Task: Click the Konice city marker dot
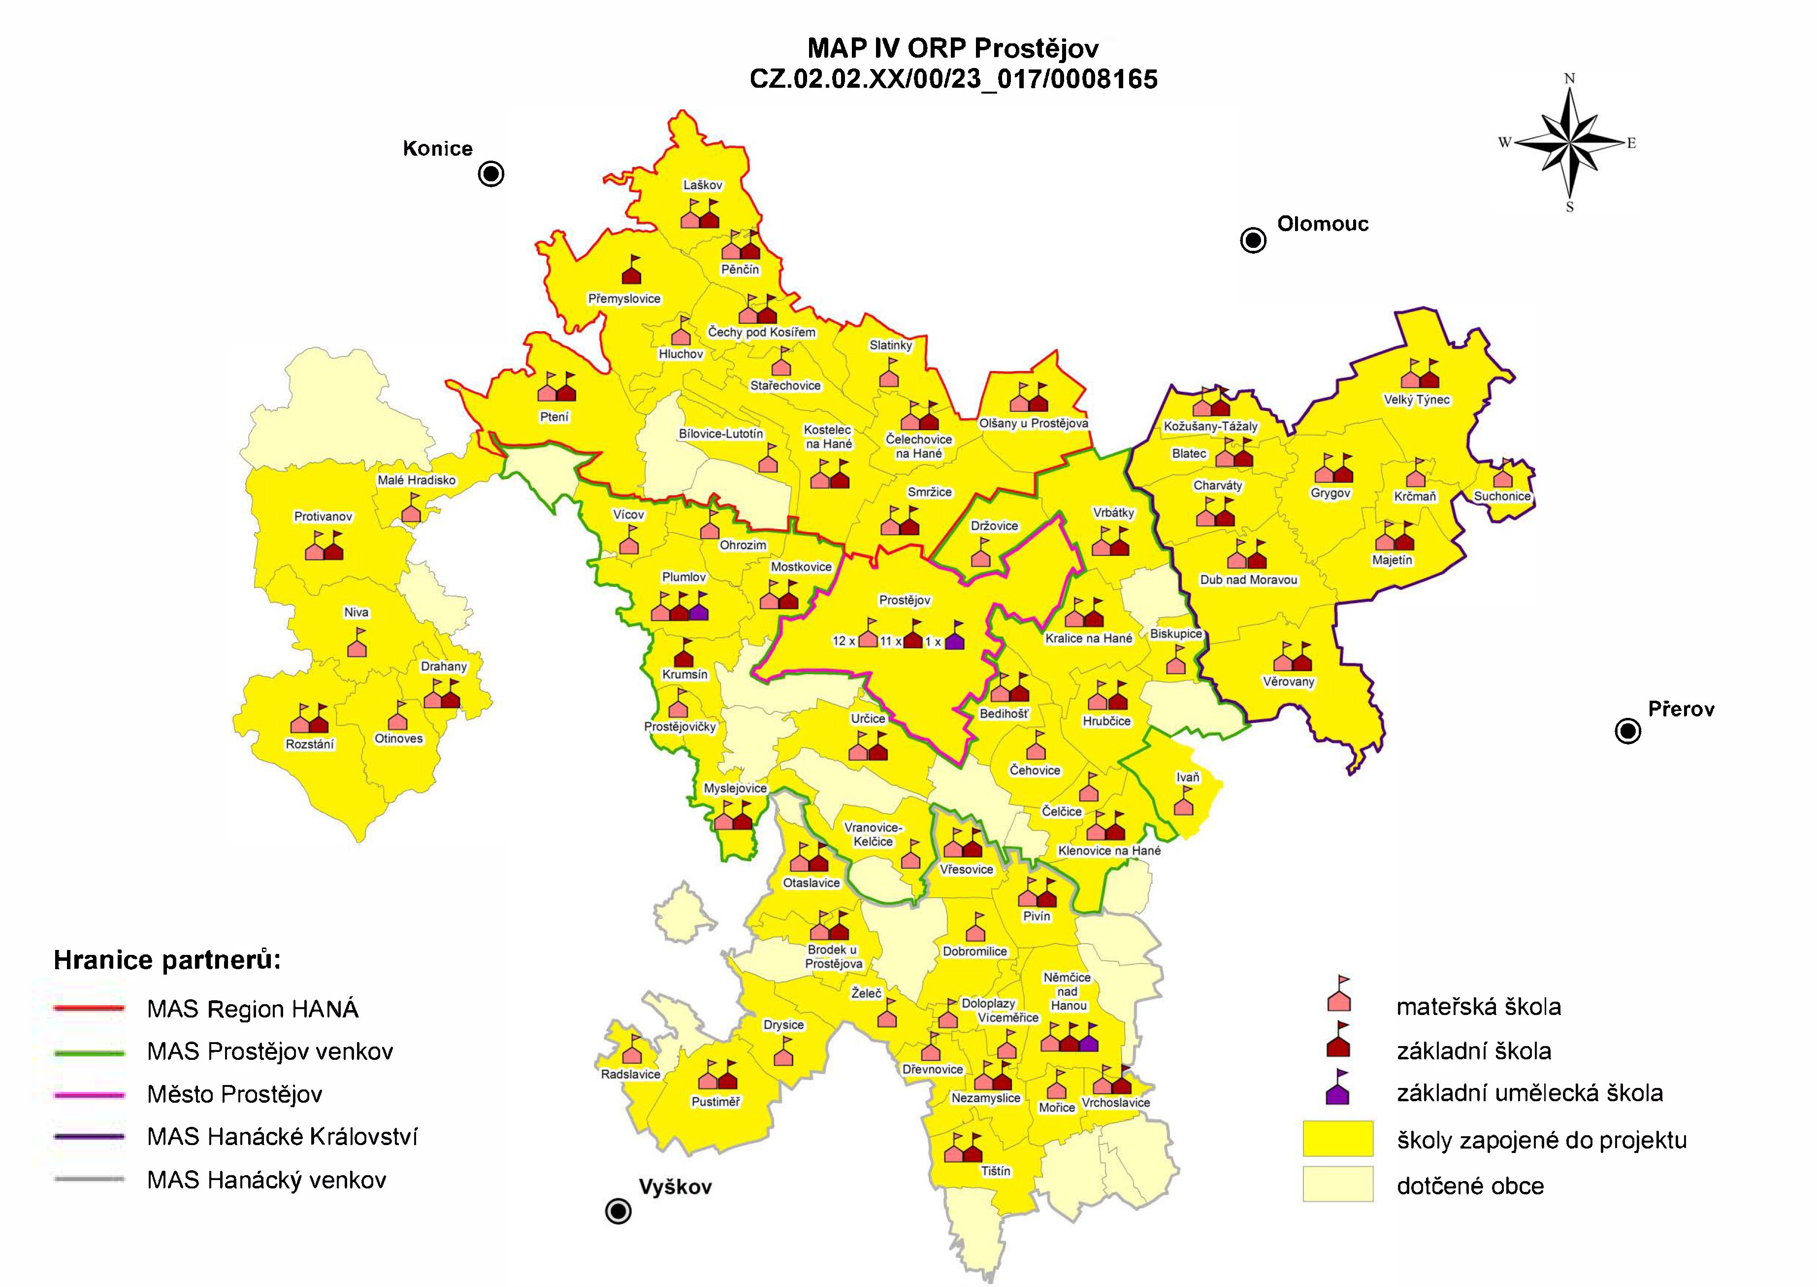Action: [x=491, y=173]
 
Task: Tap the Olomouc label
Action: [x=1323, y=224]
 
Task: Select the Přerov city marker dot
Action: [x=1628, y=732]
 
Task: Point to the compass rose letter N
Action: [x=1570, y=78]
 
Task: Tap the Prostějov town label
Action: [x=905, y=600]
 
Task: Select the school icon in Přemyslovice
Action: [x=631, y=272]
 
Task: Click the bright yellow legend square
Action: [x=1338, y=1139]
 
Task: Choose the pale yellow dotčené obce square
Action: [x=1338, y=1184]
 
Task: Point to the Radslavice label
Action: [x=630, y=1075]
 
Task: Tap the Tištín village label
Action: [x=996, y=1171]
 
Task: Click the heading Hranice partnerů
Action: [x=167, y=960]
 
